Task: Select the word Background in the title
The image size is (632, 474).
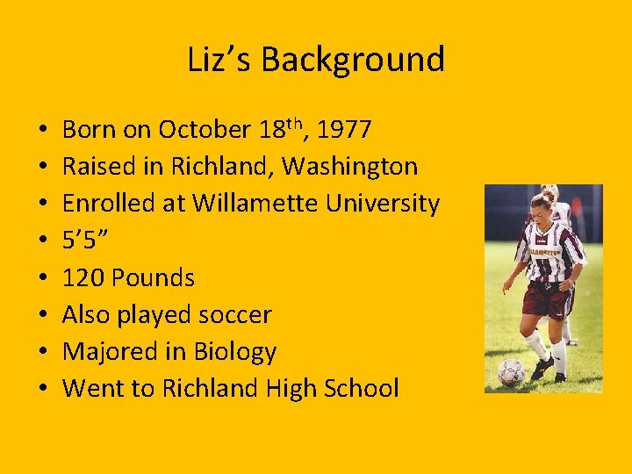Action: pos(353,61)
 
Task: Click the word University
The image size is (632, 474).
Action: pos(383,204)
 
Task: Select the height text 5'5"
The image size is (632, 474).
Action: pos(84,241)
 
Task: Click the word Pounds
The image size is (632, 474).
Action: pos(154,278)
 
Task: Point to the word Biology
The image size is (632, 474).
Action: pos(233,353)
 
